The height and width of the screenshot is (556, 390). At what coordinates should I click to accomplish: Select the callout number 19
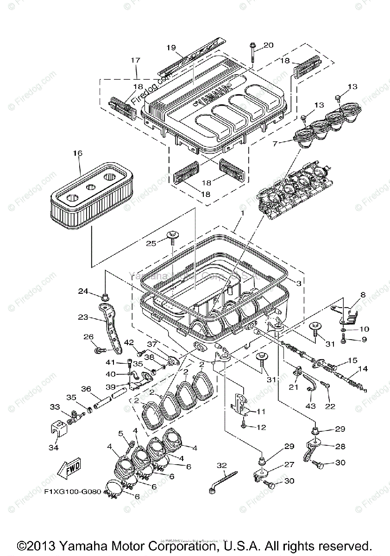click(171, 48)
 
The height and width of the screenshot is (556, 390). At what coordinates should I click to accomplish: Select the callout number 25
click(151, 243)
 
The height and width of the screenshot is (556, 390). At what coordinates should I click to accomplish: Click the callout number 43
click(310, 406)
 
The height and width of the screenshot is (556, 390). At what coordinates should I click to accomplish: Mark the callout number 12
click(261, 427)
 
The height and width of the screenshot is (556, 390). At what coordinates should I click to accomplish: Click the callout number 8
click(363, 294)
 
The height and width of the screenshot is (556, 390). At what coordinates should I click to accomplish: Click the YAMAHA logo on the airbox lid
click(213, 95)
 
